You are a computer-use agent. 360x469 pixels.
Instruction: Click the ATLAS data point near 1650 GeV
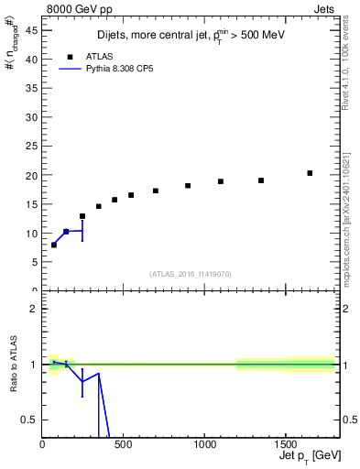coord(310,173)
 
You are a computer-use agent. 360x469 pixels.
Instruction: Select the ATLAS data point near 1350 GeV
coord(261,180)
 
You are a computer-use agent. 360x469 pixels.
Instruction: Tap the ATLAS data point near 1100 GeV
coord(221,181)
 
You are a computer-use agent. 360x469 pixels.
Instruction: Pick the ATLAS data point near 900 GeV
coord(188,186)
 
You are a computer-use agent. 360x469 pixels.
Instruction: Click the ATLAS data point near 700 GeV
coord(156,191)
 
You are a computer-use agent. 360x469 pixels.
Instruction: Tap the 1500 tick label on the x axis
coord(285,445)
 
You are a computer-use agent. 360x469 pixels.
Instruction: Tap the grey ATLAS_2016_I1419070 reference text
coord(191,273)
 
